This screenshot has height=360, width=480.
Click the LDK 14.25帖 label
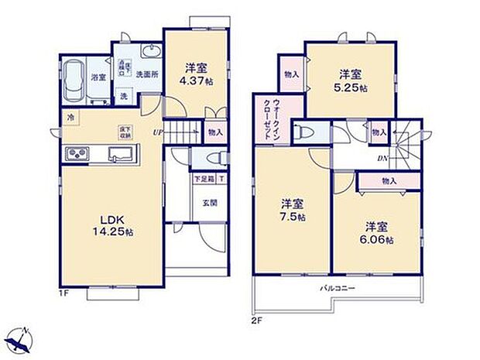(106, 224)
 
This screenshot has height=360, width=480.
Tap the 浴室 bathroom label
(98, 77)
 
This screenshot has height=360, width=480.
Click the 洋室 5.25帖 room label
(351, 81)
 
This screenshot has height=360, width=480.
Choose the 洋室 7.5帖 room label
(292, 210)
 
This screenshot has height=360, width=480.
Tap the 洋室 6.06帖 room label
(378, 233)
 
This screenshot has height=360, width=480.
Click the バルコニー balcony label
(338, 288)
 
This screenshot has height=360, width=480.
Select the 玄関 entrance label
(210, 204)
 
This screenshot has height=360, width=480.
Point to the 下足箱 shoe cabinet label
(204, 180)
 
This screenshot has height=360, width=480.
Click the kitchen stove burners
(78, 153)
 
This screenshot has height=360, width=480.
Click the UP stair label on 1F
(159, 132)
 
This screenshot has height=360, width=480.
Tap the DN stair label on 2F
(382, 159)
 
